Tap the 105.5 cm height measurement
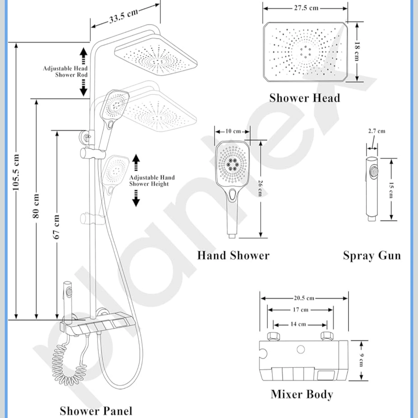pos(16,173)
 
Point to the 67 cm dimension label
pos(56,227)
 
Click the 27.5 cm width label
pos(306,8)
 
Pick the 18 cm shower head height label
pos(357,51)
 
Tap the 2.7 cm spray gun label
pos(377,131)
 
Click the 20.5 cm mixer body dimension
pos(304,298)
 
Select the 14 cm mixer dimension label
pos(298,324)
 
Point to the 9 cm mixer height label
pos(361,360)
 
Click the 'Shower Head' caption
pos(305,98)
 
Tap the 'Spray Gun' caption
pos(372,256)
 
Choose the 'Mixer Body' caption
pos(302,394)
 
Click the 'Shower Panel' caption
pos(96,411)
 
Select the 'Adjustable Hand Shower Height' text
pos(152,181)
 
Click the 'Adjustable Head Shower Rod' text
pos(65,72)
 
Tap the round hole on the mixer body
pos(301,350)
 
